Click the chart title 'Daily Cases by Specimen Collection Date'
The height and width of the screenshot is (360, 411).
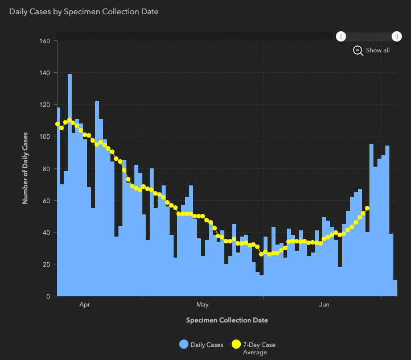click(x=84, y=11)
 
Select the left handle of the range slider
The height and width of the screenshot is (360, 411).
click(x=340, y=36)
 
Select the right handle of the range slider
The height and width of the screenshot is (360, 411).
click(x=396, y=36)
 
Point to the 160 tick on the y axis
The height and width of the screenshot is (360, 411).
click(x=45, y=41)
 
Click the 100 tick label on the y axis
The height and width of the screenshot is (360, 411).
click(x=45, y=136)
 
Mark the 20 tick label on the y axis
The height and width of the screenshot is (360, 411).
click(x=47, y=264)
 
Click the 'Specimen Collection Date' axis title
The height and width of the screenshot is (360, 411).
click(x=227, y=320)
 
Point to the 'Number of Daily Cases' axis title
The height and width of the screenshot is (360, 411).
click(x=25, y=168)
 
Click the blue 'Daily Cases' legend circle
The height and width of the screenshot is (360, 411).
click(x=184, y=344)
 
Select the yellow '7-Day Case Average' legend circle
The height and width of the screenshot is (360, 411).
click(x=236, y=344)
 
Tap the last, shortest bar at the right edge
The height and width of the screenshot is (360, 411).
click(x=395, y=288)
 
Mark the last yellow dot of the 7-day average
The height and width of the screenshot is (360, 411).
click(x=367, y=208)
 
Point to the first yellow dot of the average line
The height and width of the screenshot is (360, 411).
click(x=57, y=124)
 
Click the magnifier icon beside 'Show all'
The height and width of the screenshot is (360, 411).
click(x=358, y=50)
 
